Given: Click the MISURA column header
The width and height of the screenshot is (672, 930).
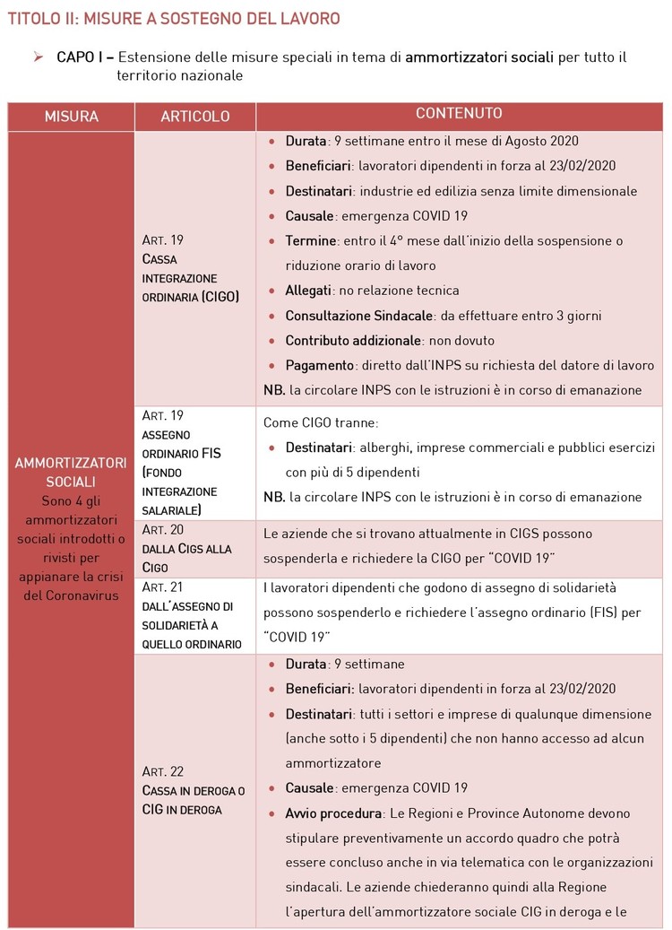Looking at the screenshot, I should coord(71,117).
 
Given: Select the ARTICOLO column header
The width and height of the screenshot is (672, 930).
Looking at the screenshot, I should coord(194,117).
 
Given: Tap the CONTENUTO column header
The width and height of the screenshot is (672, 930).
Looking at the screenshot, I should coord(459,114).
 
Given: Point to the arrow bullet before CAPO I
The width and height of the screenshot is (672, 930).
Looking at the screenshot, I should coord(39,57).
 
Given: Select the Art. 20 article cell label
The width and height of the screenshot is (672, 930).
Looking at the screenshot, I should coord(163,530).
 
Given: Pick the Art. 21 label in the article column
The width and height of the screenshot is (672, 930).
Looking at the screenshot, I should coord(163,587).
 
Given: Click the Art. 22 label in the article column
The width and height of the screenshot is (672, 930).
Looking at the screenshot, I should coord(163,771).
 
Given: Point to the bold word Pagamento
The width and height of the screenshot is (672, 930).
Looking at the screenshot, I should coord(318,366).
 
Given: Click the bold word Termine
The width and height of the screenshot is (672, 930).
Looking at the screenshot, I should coord(311,241).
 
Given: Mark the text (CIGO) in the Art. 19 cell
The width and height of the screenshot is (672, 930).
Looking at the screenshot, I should coord(220,296).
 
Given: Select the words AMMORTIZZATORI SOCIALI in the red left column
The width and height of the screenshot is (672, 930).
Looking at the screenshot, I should coord(71,472).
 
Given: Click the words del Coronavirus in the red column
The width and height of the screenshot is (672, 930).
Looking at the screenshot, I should coord(71,595).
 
